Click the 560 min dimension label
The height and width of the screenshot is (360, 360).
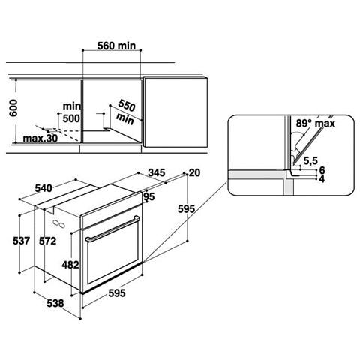[116, 46]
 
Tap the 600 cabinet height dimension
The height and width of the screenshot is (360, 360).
[13, 108]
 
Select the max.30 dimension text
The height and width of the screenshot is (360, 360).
[40, 138]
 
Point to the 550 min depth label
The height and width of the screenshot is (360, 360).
[126, 112]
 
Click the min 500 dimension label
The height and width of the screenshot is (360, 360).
[71, 112]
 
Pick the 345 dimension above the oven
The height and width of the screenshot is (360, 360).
[157, 172]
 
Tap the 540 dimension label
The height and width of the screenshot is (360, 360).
[43, 188]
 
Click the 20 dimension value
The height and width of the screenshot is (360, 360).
[194, 172]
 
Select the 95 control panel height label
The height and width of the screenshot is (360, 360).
[149, 196]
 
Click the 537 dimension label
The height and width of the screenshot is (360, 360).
[22, 241]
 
